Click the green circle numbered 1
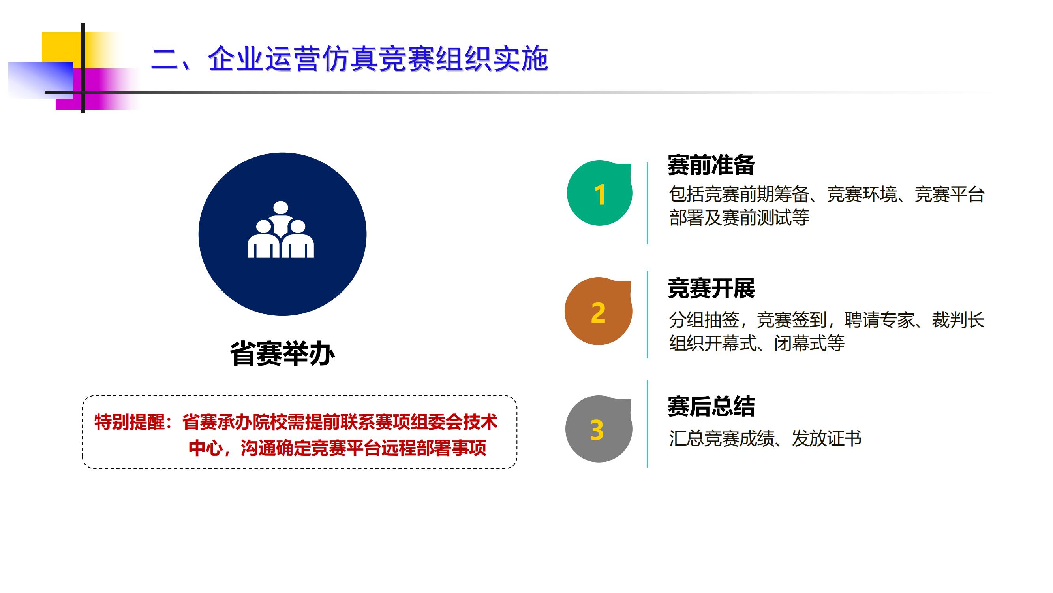(599, 193)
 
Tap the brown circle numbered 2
(598, 312)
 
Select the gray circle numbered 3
(599, 429)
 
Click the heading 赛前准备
(711, 165)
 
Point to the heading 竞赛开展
(711, 289)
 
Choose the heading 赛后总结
(711, 406)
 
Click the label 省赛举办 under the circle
(282, 353)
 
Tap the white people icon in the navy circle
(281, 229)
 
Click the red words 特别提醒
(129, 422)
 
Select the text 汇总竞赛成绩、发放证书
(765, 438)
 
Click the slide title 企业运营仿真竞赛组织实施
(378, 59)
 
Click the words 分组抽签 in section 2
(704, 319)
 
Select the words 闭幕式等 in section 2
(809, 343)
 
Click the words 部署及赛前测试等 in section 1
(739, 217)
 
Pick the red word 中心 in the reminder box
(206, 448)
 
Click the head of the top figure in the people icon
(280, 208)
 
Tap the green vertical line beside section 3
(647, 423)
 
